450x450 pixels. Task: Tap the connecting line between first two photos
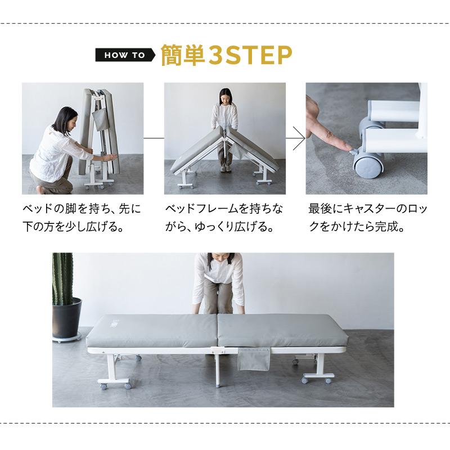[154, 138]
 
